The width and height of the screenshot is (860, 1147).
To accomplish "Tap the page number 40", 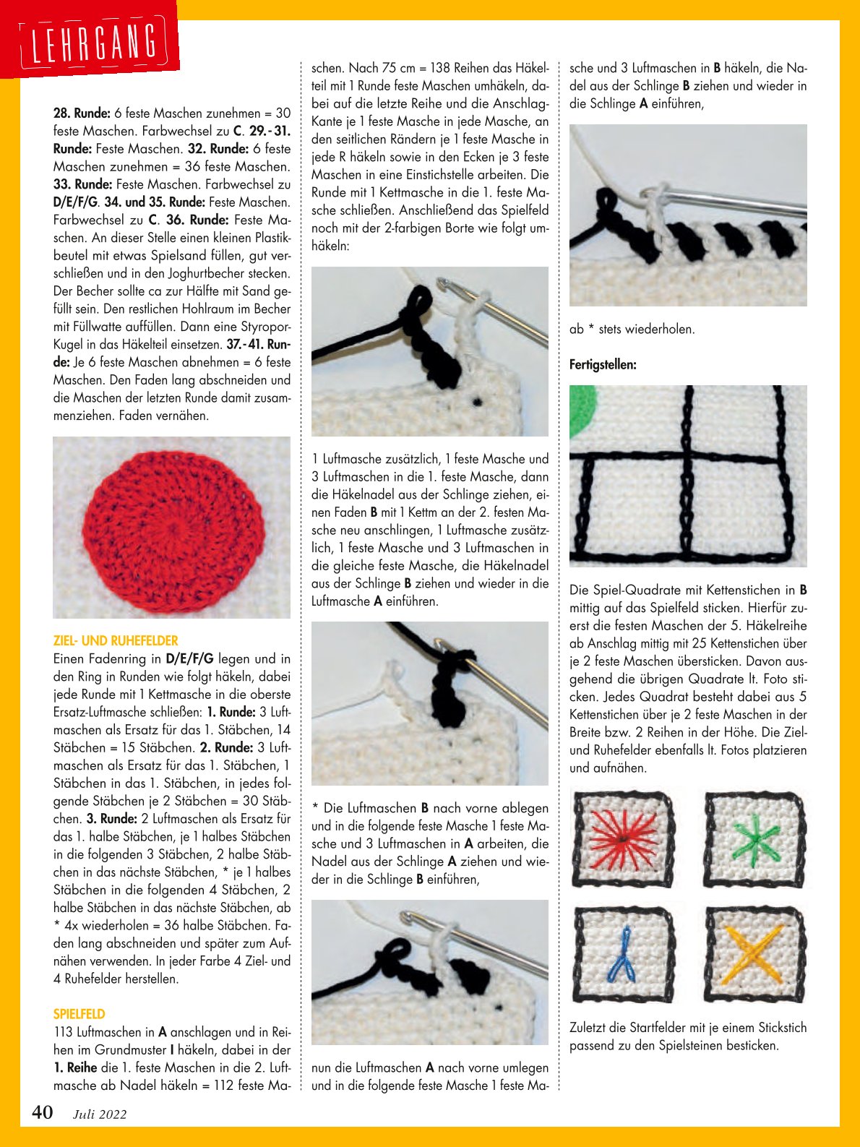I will click(x=42, y=1112).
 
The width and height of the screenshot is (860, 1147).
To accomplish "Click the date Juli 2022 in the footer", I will click(x=100, y=1114).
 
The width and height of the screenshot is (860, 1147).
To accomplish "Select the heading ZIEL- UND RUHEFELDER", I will click(x=116, y=640).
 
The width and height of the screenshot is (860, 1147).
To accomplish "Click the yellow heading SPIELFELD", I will click(x=79, y=1014).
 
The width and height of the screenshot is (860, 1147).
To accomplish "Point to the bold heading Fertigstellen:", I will click(x=603, y=364).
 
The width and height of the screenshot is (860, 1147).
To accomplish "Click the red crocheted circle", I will click(x=171, y=526).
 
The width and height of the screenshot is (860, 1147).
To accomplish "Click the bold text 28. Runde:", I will click(x=82, y=113).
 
